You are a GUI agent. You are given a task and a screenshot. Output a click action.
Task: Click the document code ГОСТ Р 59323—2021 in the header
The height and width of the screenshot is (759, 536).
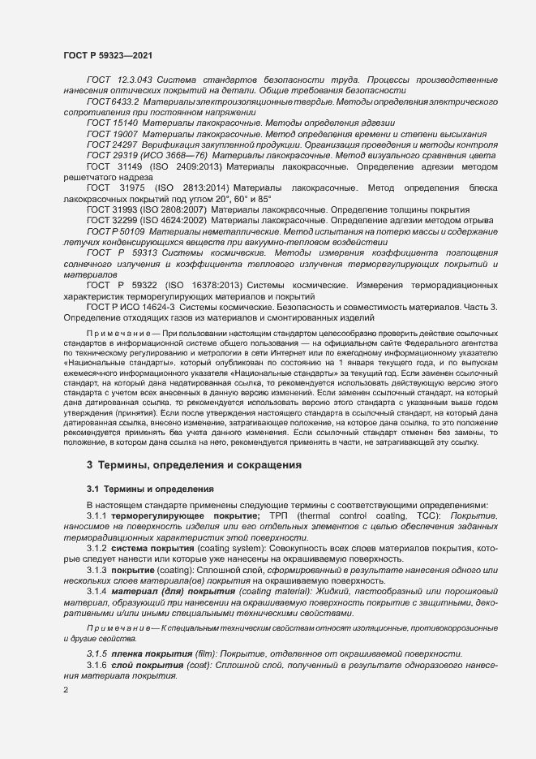[x=108, y=55]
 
